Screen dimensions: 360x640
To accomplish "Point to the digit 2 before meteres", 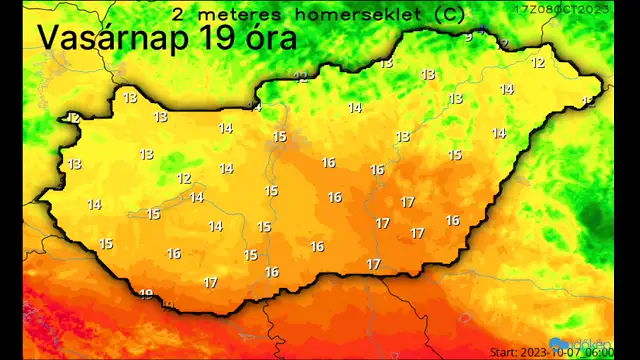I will pos(177,15).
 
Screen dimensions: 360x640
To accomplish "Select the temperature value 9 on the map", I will pos(468,37).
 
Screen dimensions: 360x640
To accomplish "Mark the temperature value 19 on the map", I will pos(146,294).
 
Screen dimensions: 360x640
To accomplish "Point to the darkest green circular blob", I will pos(594,216).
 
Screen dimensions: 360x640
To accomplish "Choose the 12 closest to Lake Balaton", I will pos(184,179).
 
